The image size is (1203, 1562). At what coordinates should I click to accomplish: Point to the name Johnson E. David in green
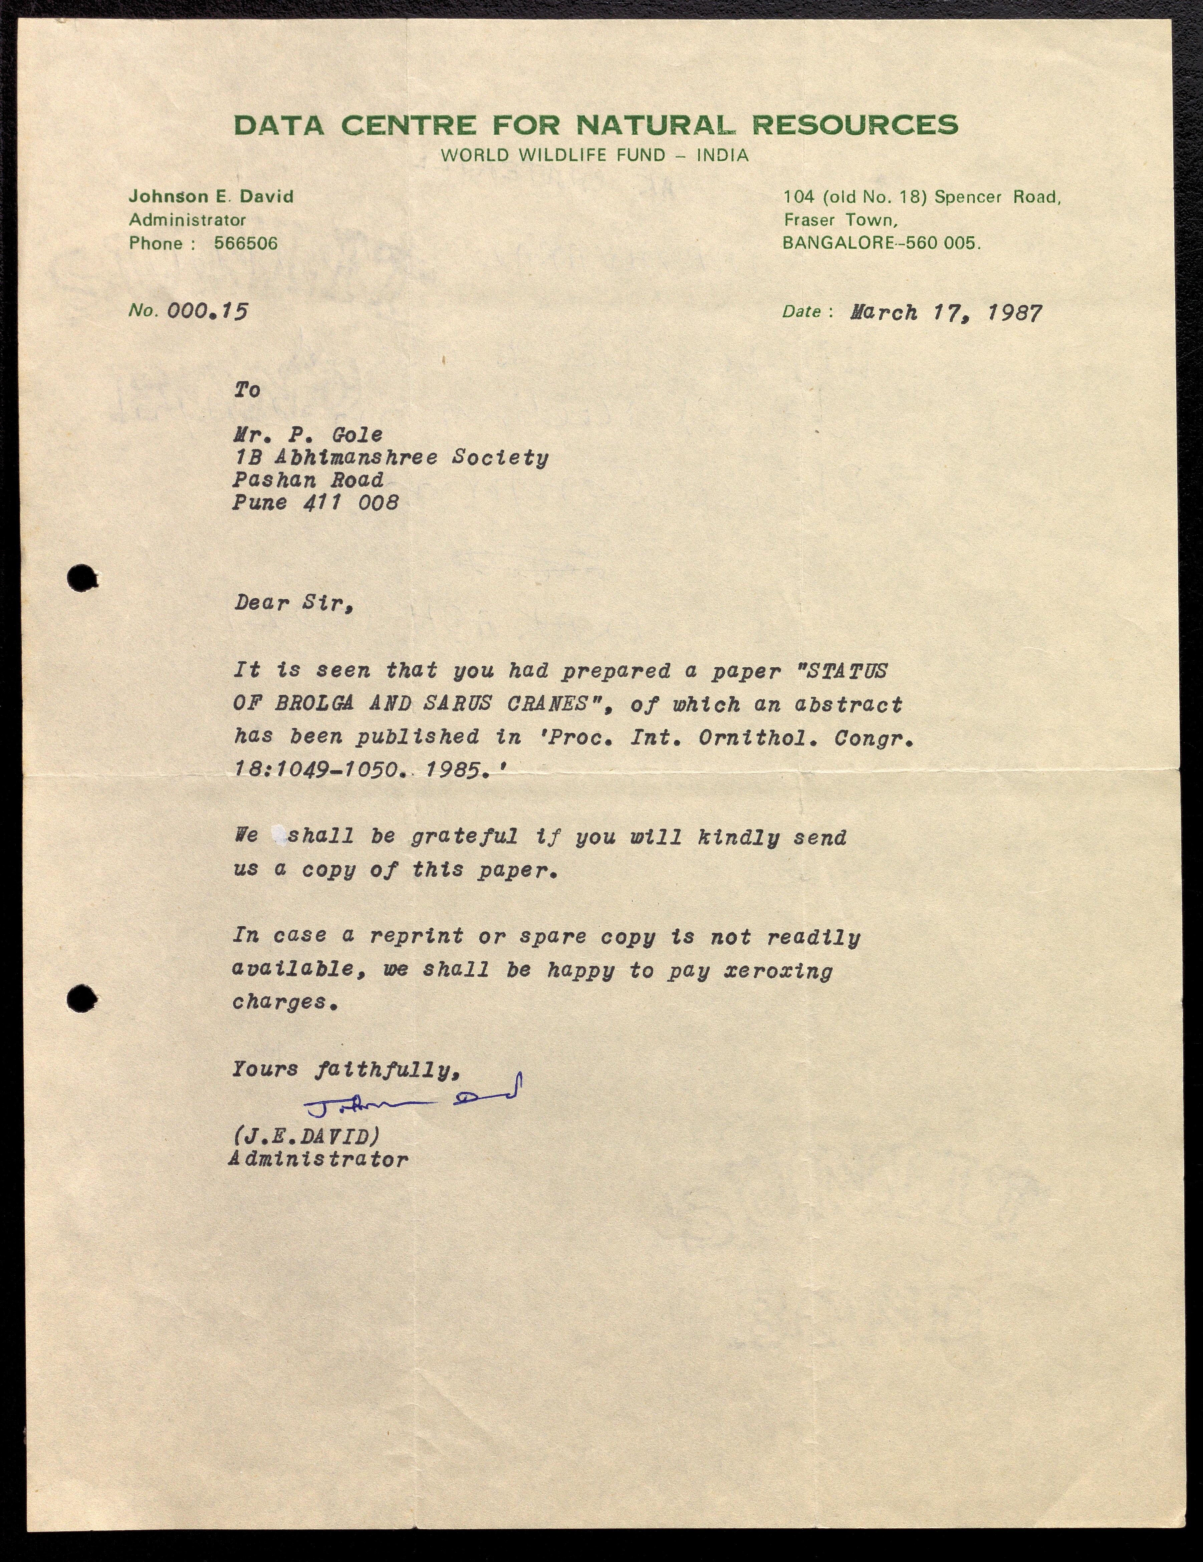click(211, 197)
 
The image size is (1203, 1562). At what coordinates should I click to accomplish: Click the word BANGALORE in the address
click(837, 243)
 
